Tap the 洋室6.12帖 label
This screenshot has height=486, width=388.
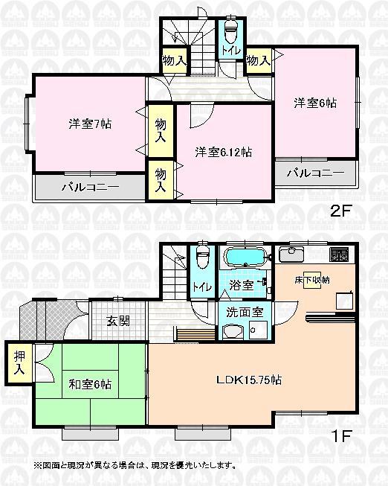(223, 152)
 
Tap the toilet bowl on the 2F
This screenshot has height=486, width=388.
(230, 32)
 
